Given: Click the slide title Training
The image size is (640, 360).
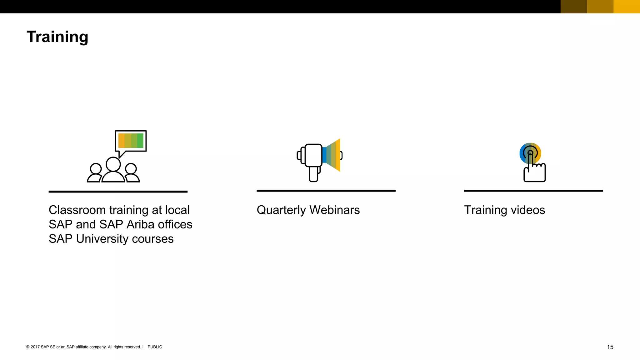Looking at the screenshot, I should click(x=57, y=37).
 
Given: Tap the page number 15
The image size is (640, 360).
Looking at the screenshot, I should click(x=610, y=347).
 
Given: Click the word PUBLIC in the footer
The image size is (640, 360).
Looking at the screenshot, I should click(x=155, y=347).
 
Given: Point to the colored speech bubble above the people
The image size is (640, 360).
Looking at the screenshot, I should click(x=131, y=141).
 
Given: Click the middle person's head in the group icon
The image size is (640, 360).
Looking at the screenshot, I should click(x=113, y=164).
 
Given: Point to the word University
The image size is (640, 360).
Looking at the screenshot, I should click(x=102, y=239).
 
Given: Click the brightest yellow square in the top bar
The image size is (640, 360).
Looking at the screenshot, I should click(x=627, y=7).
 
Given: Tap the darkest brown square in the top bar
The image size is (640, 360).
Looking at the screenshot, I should click(x=574, y=7).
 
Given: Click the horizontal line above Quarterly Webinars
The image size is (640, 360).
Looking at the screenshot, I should click(x=326, y=191).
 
